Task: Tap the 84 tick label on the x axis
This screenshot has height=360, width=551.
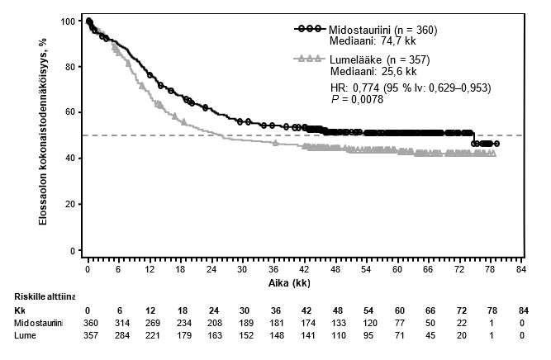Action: coord(520,268)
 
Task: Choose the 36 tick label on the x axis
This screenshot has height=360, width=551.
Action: coord(273,268)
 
